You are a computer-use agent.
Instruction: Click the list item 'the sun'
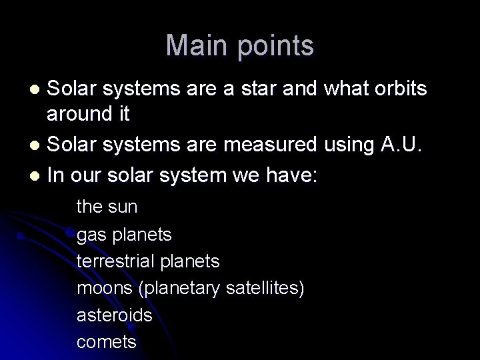coord(107,207)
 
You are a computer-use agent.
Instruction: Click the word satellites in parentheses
coord(265,288)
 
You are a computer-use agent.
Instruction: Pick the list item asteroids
coord(115,315)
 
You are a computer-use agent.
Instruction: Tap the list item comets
coord(107,342)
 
